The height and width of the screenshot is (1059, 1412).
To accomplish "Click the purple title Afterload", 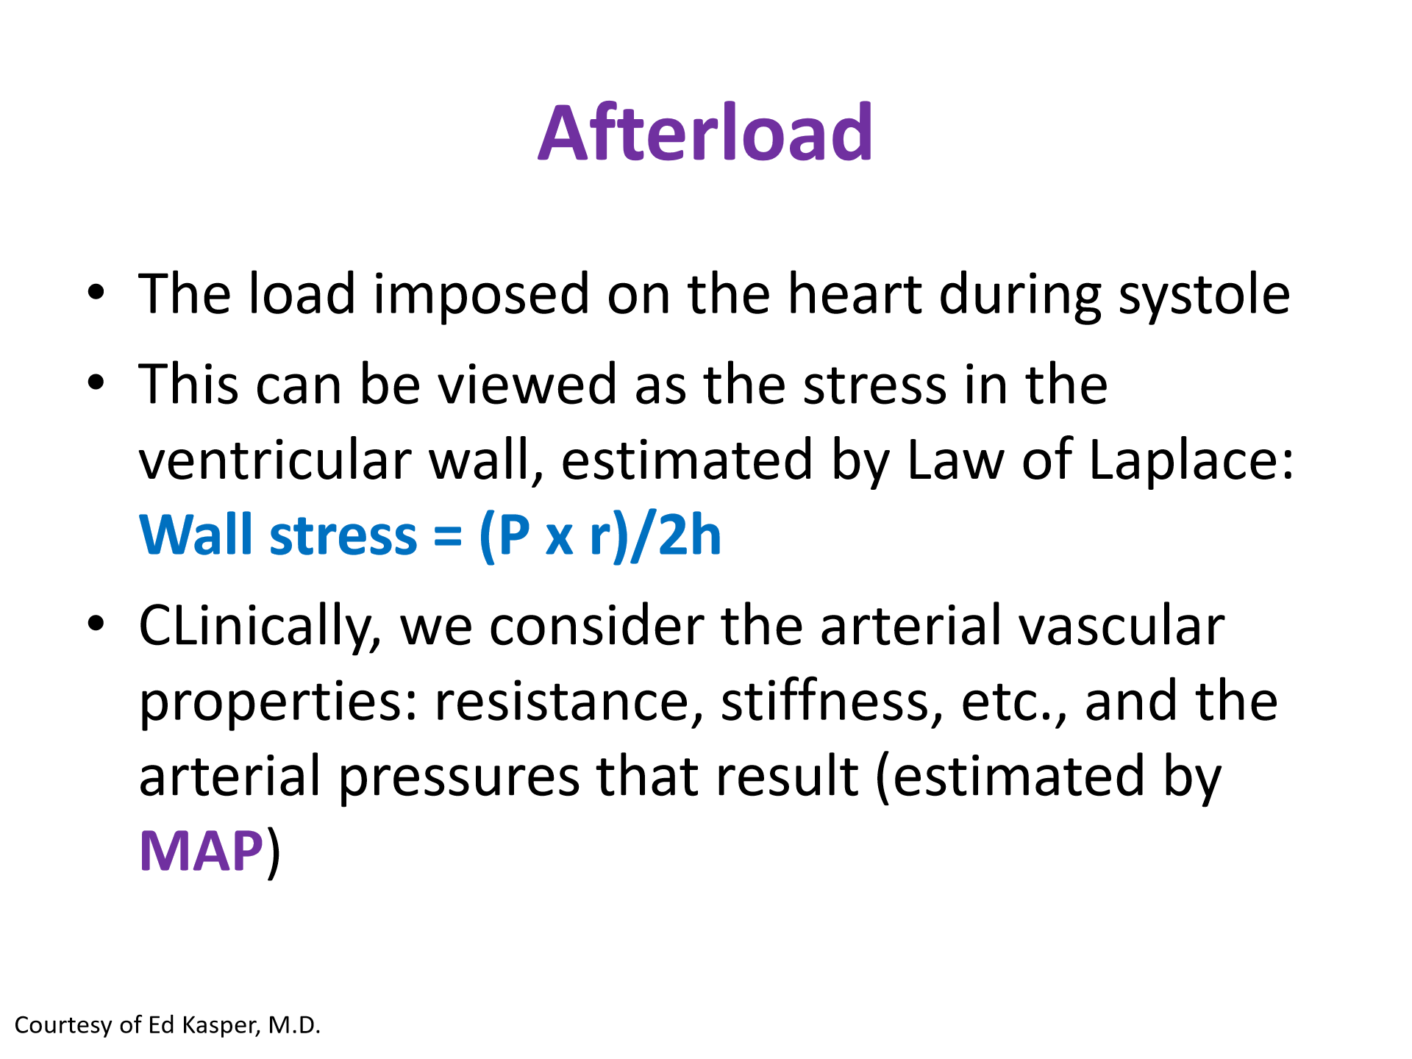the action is (x=705, y=132).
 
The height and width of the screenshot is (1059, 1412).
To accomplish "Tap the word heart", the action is (x=855, y=293).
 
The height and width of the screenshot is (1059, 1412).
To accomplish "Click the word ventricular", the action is (x=276, y=460).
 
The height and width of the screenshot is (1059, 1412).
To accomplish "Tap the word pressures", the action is (x=459, y=779).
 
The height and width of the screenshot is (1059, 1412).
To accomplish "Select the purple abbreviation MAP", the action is (x=201, y=851).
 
